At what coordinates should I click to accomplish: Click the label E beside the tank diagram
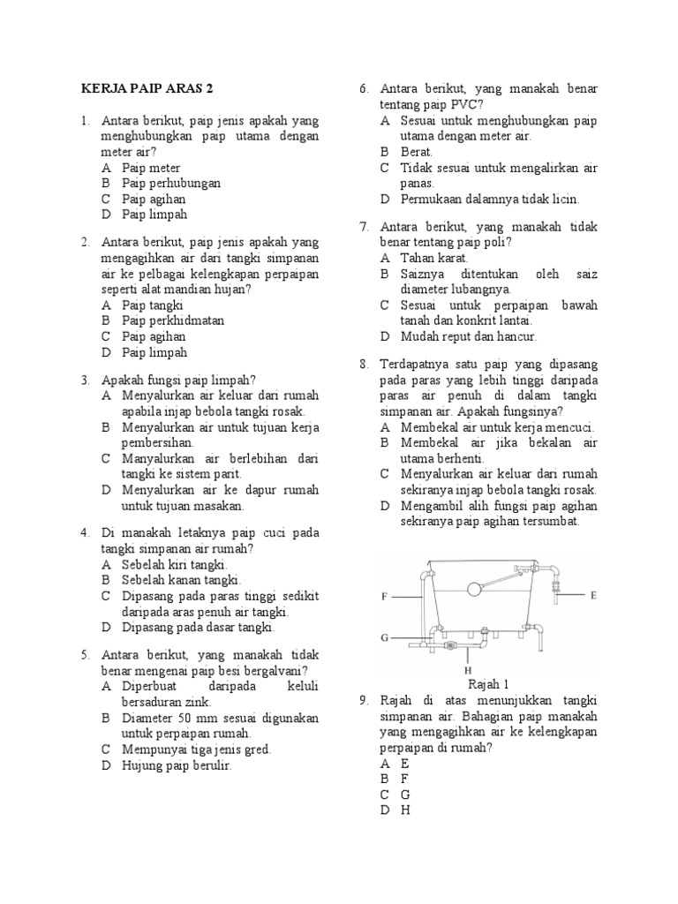point(593,596)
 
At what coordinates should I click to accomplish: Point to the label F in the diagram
point(385,598)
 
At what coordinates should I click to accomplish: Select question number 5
point(85,656)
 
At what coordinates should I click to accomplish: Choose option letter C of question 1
point(106,199)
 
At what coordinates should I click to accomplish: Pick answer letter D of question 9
point(385,810)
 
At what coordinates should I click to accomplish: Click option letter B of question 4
point(106,580)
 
